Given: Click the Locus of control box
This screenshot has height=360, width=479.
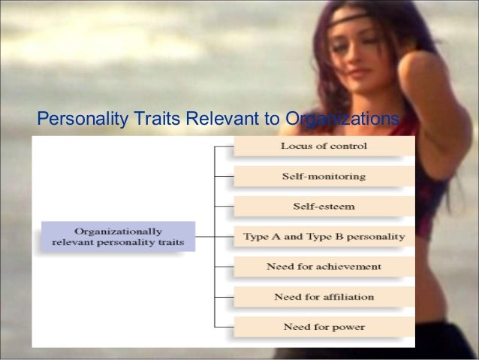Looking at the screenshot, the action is [x=324, y=146].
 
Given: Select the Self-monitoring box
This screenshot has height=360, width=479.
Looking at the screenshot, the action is [x=324, y=177].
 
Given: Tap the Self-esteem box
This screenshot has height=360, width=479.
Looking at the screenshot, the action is [x=324, y=206].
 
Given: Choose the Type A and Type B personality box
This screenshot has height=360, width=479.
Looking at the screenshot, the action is [x=324, y=236].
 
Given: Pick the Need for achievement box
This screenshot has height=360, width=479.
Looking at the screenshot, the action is [x=324, y=267].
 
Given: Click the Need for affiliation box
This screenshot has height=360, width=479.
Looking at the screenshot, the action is [x=324, y=297].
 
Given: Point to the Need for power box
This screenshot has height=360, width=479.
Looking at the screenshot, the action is [x=324, y=327].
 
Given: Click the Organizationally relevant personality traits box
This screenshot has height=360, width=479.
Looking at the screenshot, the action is [x=119, y=236].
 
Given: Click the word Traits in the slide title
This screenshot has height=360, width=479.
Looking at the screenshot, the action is [x=151, y=119].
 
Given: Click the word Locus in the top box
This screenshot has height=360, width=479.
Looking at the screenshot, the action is [x=295, y=146].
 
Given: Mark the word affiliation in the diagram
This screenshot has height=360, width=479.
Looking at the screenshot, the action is [x=347, y=297].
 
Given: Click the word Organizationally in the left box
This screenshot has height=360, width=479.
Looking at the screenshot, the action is [x=119, y=230].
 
